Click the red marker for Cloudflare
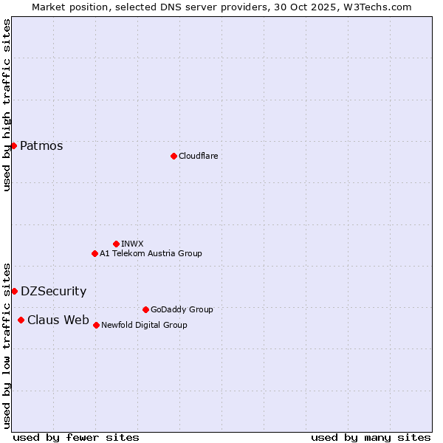(x=174, y=156)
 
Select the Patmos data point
(x=13, y=145)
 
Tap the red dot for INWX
(x=116, y=244)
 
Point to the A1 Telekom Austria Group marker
(x=95, y=253)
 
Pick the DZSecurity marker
(x=14, y=291)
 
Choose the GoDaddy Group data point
(x=145, y=309)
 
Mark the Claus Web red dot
(x=21, y=320)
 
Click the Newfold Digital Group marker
(x=96, y=325)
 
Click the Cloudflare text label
(x=199, y=156)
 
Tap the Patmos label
(x=41, y=145)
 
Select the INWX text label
(x=133, y=244)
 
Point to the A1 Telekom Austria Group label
(x=151, y=253)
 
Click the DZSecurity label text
(x=53, y=291)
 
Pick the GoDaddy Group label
(x=182, y=309)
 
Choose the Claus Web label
(x=58, y=320)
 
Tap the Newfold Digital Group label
(x=144, y=325)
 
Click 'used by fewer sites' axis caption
(x=76, y=437)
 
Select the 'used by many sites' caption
(x=371, y=437)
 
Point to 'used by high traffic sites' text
(x=7, y=105)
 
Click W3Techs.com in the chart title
(x=375, y=7)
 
